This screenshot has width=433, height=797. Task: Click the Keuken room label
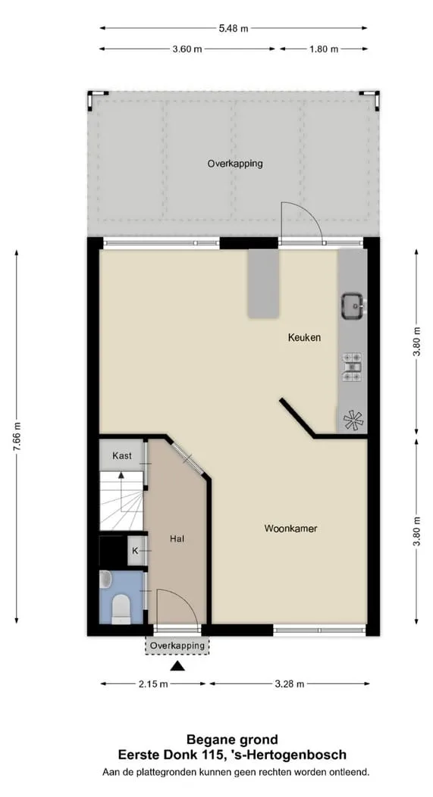tap(304, 337)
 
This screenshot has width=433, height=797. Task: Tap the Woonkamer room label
tap(290, 529)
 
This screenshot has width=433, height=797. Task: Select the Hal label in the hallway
tap(177, 539)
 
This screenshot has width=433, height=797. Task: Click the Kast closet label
tap(121, 455)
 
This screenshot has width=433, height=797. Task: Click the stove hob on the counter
tap(352, 367)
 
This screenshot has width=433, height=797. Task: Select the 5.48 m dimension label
tap(234, 29)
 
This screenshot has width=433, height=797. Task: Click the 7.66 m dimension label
tap(17, 436)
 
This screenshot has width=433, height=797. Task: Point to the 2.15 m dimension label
tap(152, 684)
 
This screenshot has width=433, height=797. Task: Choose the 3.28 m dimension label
tap(289, 684)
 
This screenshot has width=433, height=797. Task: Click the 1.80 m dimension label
tap(323, 49)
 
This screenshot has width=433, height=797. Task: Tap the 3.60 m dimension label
tap(187, 49)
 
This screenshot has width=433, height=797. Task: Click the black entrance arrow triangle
tap(177, 667)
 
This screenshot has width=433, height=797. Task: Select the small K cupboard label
tap(135, 551)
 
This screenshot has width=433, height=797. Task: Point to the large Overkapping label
tap(235, 164)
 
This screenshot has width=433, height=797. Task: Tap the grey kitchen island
tap(263, 284)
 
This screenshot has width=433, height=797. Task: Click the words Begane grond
tap(232, 739)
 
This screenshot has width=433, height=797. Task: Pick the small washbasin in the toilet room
tap(105, 579)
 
